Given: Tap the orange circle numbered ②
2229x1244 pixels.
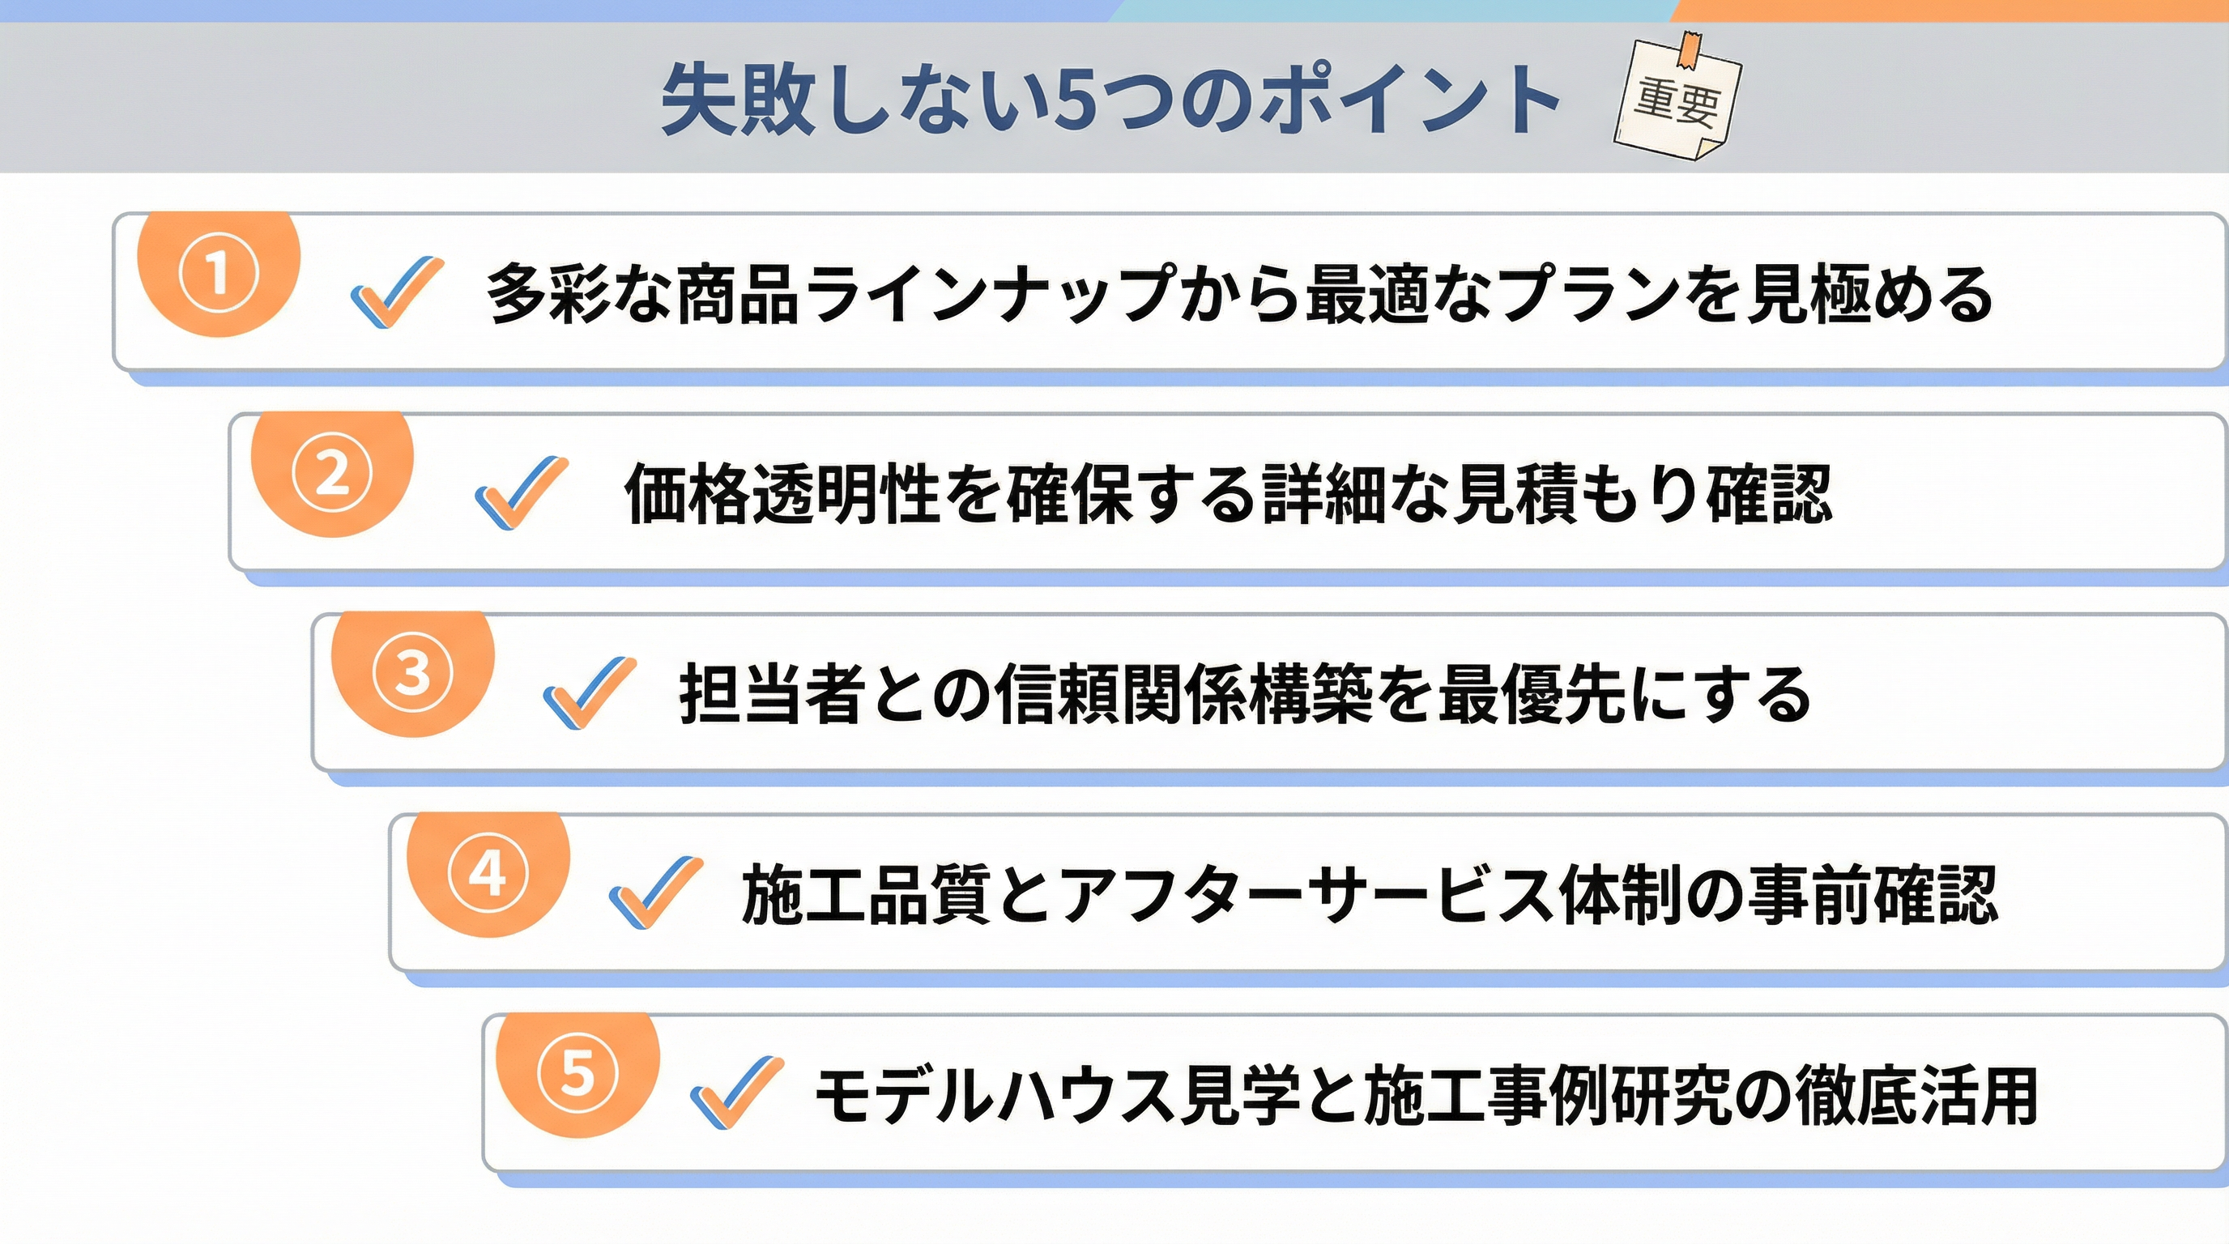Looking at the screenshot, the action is coord(332,473).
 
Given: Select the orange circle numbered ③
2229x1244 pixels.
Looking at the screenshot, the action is coord(413,673).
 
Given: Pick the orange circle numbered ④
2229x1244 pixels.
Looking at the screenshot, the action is coord(488,874).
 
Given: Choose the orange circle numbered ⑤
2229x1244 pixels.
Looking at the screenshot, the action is coord(578,1074).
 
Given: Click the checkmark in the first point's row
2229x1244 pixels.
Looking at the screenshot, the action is coord(397,292).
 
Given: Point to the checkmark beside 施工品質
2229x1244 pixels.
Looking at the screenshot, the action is coord(656,892).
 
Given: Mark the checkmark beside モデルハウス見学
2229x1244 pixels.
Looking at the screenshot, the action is coord(737,1092).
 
